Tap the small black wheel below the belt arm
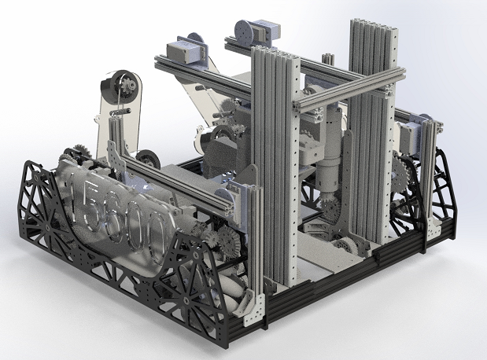coord(145,160)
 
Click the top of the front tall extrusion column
coord(272,53)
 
